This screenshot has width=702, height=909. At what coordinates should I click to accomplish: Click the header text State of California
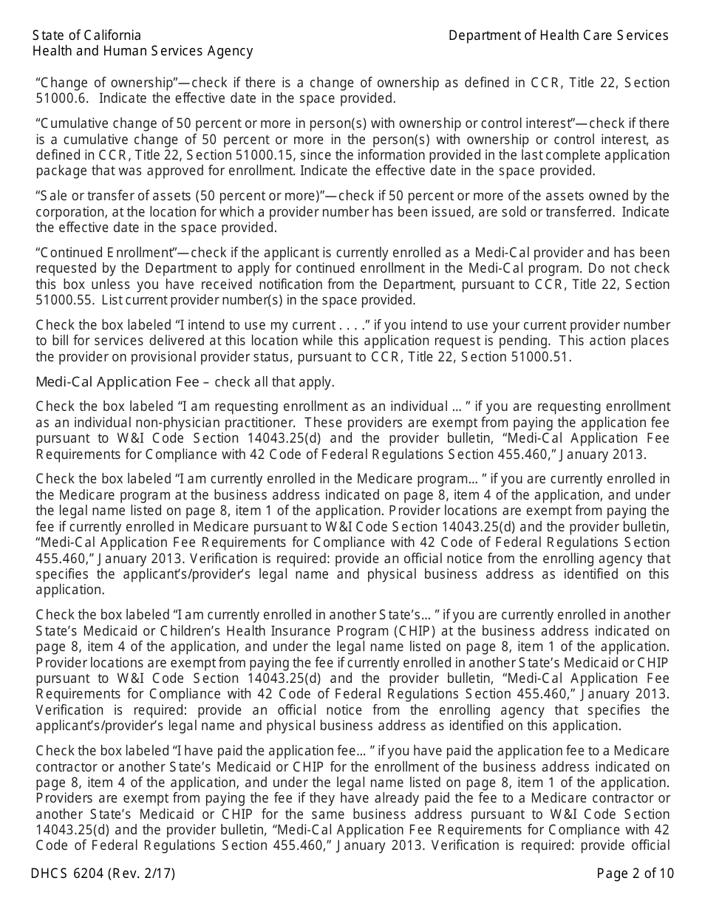(x=86, y=35)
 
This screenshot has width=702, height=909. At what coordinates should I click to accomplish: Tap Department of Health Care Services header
(x=558, y=35)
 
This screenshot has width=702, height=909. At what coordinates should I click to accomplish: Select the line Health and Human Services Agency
(x=143, y=51)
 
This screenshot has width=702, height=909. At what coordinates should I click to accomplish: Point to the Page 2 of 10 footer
(x=635, y=874)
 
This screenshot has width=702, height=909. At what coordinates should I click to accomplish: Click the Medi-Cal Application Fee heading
(x=117, y=382)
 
